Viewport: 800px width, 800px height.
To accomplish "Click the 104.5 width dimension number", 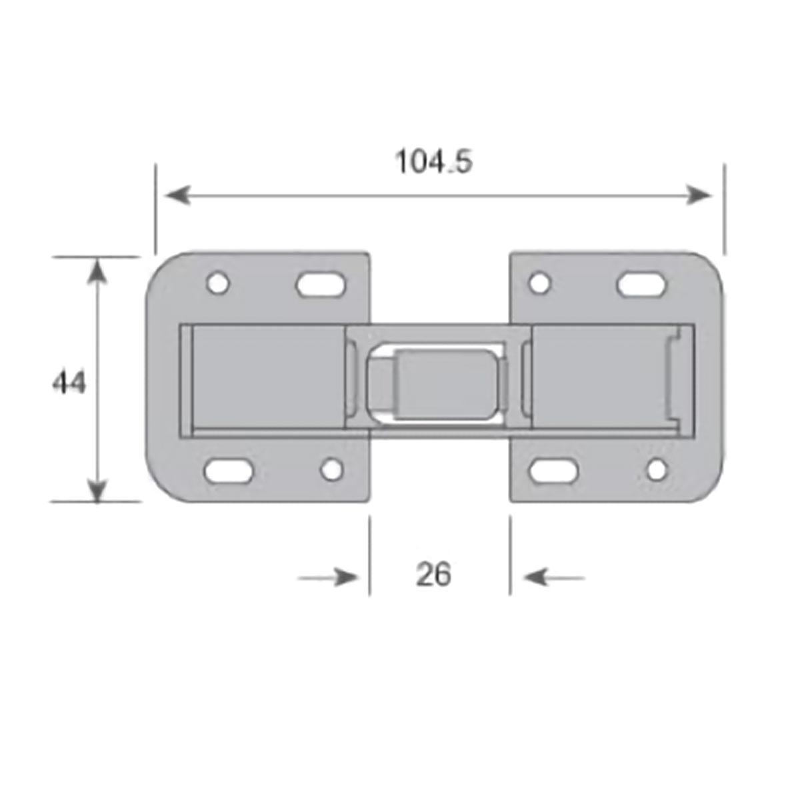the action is point(434,161).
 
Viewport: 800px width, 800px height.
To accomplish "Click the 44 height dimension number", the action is point(69,382).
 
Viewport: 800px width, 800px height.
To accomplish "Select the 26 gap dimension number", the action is point(433,575).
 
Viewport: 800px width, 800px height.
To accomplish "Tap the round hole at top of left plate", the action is point(218,283).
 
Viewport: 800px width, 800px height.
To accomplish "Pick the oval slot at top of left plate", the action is point(322,284).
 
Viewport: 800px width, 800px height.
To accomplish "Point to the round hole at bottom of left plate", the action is point(332,469).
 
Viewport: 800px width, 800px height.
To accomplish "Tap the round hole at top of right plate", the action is point(541,283).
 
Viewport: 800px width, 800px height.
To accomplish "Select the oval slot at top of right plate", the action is point(643,284).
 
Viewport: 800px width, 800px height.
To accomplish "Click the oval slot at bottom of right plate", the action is point(553,471).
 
